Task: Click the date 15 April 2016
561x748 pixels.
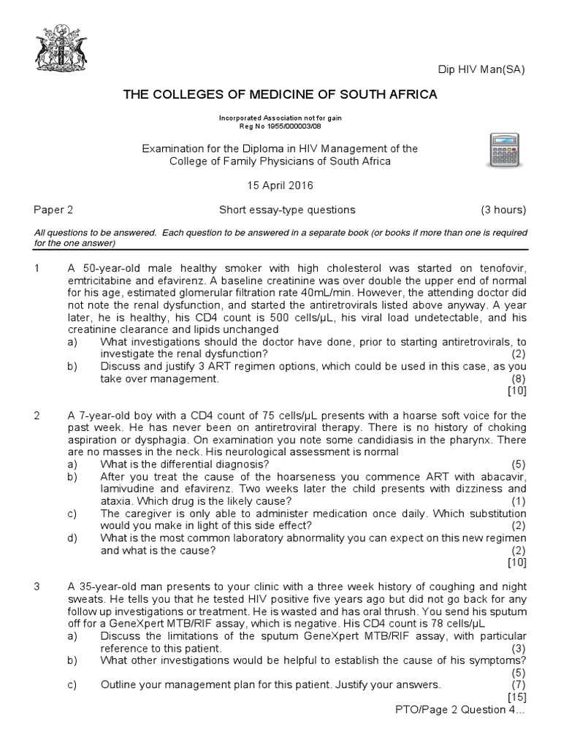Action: pyautogui.click(x=280, y=186)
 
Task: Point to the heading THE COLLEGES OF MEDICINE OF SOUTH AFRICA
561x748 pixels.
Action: pyautogui.click(x=280, y=94)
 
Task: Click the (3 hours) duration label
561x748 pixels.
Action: pyautogui.click(x=503, y=210)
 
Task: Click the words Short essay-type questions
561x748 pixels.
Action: pyautogui.click(x=287, y=210)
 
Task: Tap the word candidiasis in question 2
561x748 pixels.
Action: pyautogui.click(x=384, y=440)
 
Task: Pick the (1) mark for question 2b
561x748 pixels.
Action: pyautogui.click(x=518, y=500)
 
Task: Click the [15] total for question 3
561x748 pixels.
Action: pyautogui.click(x=515, y=697)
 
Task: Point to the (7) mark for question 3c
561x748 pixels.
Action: pyautogui.click(x=518, y=684)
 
